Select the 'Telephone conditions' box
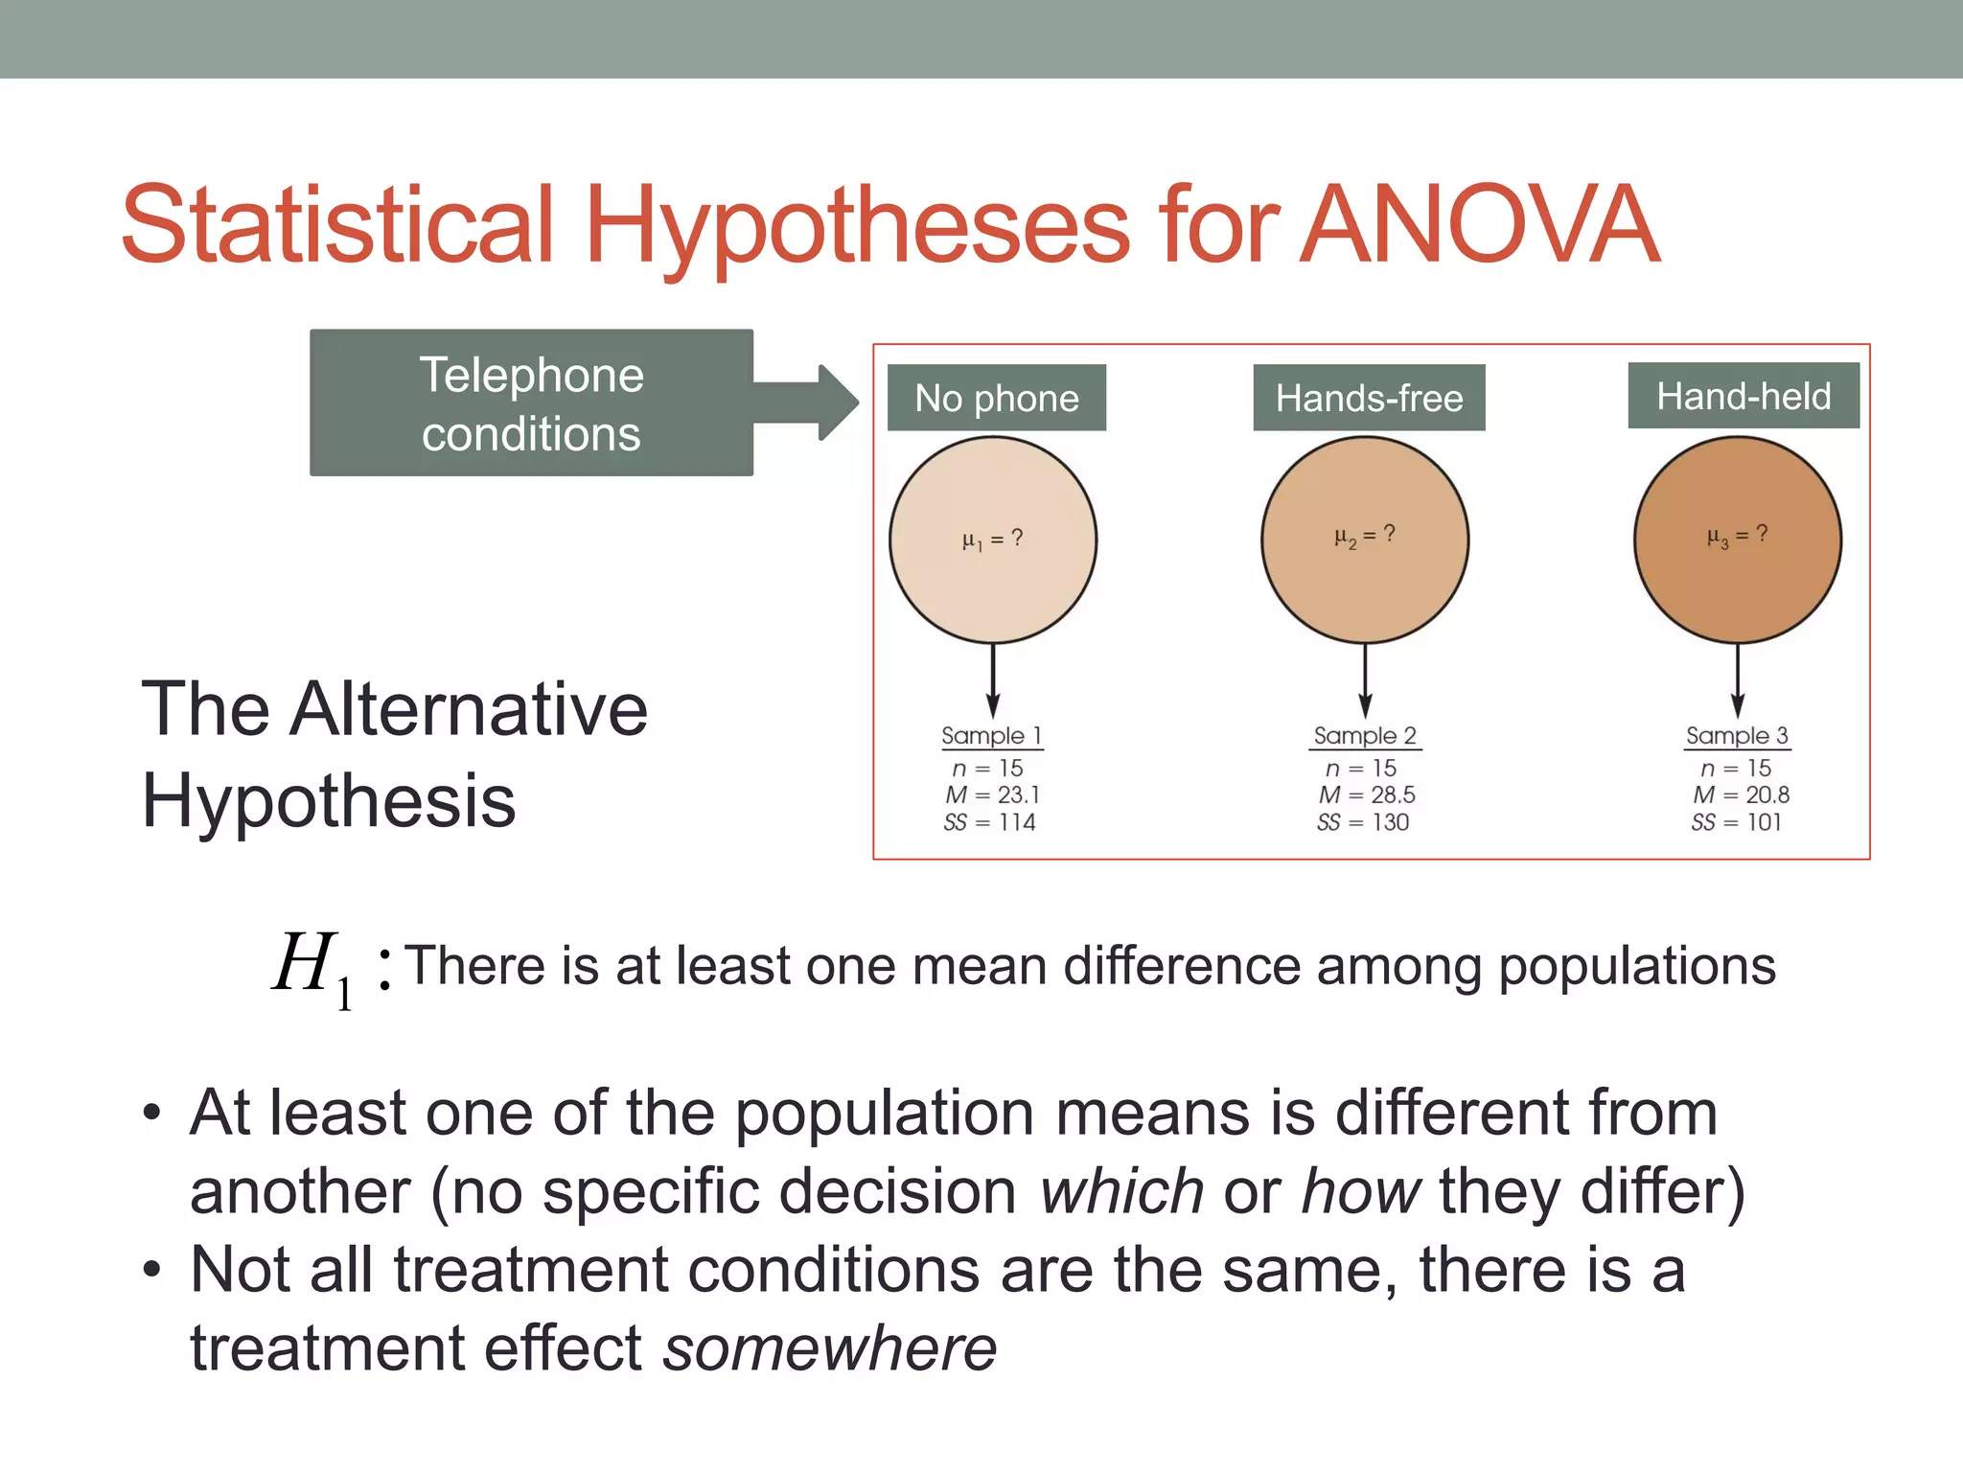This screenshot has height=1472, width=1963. coord(531,403)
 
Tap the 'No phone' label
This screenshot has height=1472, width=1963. coord(996,398)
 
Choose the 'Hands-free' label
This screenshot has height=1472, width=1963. coord(1369,398)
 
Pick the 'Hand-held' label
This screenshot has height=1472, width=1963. coord(1744,396)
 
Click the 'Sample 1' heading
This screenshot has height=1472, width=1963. coord(991,736)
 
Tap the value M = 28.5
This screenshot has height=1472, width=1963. coord(1367,794)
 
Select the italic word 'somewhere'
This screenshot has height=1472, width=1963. coord(830,1348)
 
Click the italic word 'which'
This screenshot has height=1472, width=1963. coord(1121,1191)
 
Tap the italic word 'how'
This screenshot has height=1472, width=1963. coord(1361,1191)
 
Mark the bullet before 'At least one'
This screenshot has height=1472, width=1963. coord(151,1114)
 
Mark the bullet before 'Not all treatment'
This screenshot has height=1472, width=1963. coord(151,1271)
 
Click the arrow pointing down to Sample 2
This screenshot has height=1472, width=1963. coord(1366,681)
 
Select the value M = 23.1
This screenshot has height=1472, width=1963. coord(992,794)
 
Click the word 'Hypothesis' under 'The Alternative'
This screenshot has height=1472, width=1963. coord(329,801)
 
